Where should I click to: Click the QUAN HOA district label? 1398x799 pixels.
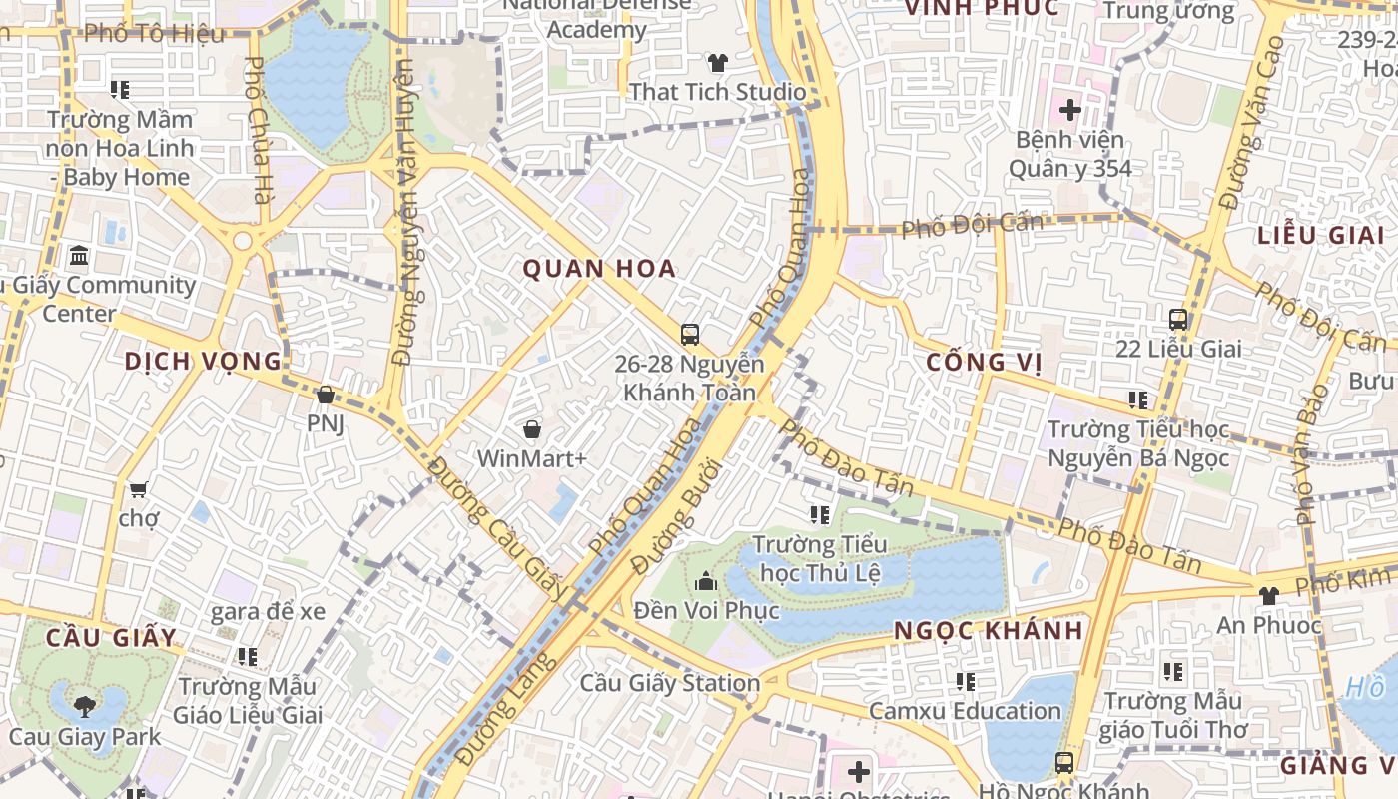[599, 268]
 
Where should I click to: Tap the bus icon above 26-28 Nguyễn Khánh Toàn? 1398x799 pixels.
[689, 334]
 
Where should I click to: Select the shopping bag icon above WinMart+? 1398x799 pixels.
[532, 429]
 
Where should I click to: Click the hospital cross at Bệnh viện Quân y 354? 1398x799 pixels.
[1069, 110]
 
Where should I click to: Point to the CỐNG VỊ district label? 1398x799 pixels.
[984, 362]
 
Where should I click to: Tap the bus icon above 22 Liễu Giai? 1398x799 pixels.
[1178, 320]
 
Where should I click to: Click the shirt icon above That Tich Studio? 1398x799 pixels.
[717, 63]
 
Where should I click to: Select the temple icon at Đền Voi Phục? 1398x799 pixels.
[706, 580]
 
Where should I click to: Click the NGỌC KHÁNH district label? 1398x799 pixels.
[988, 630]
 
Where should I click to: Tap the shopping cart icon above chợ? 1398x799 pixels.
[138, 489]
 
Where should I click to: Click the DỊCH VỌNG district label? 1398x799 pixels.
[203, 361]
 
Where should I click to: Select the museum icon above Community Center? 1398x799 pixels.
[79, 256]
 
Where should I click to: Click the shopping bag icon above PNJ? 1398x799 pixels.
[325, 395]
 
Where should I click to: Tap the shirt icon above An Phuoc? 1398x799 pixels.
[1268, 596]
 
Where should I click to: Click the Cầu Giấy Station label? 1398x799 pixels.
[669, 684]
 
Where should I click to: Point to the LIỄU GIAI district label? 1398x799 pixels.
[1320, 236]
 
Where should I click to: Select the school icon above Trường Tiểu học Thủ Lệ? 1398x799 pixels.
[820, 515]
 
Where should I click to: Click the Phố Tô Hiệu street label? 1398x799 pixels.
[154, 34]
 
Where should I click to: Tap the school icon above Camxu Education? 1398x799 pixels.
[965, 682]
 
